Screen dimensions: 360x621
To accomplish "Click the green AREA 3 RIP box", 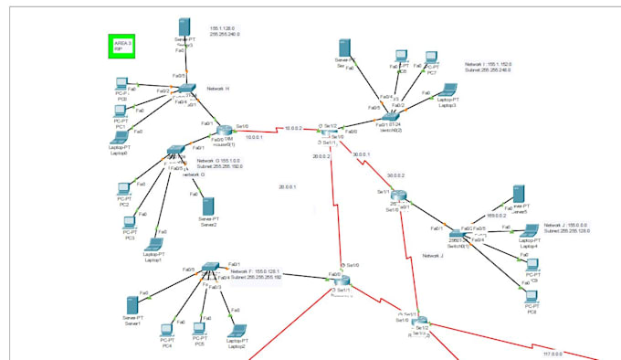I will (x=121, y=46).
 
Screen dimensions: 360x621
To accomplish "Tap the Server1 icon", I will (x=133, y=302).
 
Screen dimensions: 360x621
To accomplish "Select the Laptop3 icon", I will (x=446, y=90).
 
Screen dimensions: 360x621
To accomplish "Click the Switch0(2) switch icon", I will (x=391, y=117).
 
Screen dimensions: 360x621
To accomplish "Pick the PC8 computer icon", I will (x=532, y=299).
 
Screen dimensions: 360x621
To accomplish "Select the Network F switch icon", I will (x=210, y=271).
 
